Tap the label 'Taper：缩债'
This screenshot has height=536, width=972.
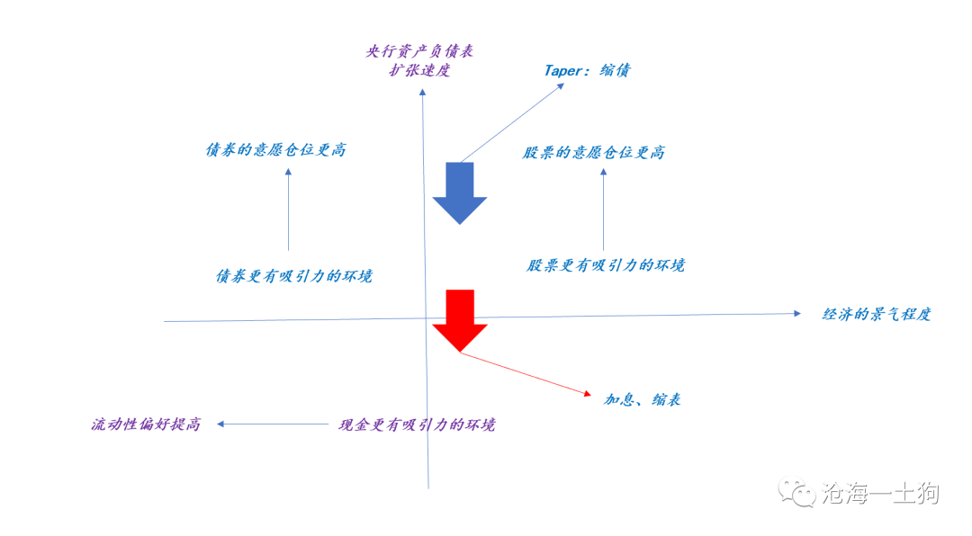(587, 70)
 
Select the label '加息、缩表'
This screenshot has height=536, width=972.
(643, 399)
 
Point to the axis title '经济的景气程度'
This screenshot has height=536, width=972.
(877, 314)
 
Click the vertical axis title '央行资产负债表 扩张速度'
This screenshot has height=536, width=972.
(419, 60)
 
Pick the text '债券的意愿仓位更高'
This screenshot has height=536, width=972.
(276, 150)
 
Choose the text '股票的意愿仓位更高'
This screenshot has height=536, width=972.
(593, 152)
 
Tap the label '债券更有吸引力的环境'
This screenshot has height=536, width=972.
(293, 276)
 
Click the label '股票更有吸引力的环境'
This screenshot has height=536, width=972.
(606, 265)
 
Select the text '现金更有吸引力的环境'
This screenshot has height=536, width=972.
(417, 424)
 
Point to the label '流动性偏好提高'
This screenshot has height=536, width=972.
(146, 424)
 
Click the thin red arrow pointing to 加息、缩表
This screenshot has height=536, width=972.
(526, 373)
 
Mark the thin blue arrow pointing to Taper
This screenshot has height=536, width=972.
(512, 122)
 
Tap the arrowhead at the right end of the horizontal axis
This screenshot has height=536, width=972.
(797, 314)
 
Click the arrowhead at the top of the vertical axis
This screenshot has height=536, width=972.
(422, 92)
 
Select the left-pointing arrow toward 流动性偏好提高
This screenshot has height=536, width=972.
(272, 424)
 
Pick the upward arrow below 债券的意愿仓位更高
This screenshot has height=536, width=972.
(288, 209)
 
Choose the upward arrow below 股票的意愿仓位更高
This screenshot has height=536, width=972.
(603, 209)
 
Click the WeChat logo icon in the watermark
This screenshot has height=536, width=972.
(796, 492)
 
